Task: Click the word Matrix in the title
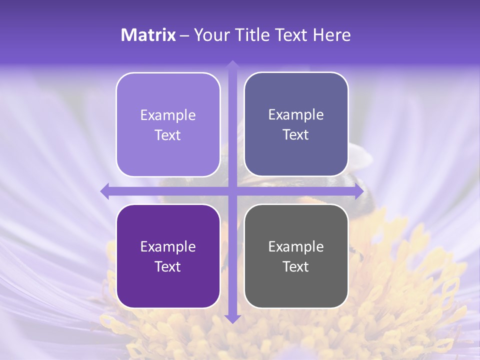tap(148, 35)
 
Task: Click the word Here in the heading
tap(331, 35)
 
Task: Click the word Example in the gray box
tap(296, 246)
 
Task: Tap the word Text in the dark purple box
tap(168, 266)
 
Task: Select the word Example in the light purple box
tap(168, 115)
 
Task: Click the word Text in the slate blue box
tap(296, 134)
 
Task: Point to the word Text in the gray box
tap(296, 266)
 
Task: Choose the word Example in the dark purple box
tap(168, 246)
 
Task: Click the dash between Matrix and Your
tap(184, 35)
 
